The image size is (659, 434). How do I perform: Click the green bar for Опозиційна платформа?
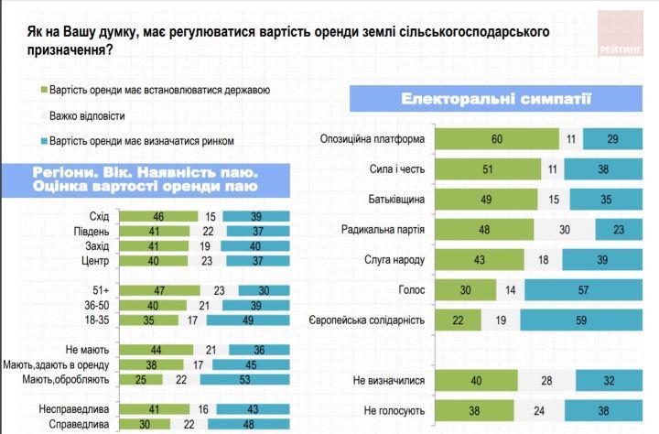point(496,140)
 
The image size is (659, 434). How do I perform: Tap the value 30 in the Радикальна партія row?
point(565,230)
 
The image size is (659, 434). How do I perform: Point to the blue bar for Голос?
point(582,290)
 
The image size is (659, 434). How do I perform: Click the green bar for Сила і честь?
point(487,170)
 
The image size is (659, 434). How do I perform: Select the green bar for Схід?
point(159,217)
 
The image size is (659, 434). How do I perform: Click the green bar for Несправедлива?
point(155,410)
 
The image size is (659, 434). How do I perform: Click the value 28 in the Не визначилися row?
point(547,381)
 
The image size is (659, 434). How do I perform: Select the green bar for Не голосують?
point(473,410)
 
